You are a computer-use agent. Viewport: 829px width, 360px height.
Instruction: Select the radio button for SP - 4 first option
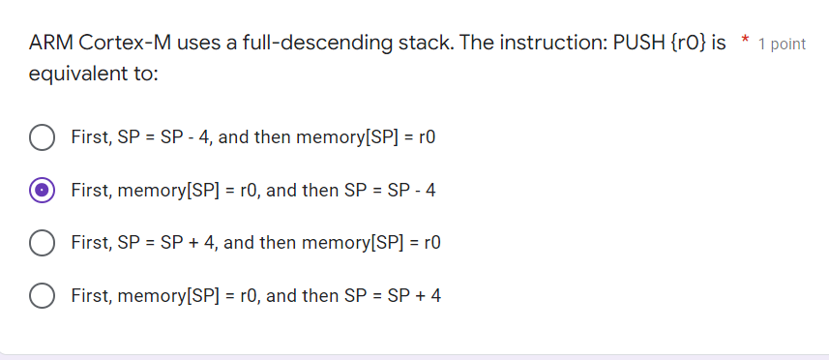[41, 137]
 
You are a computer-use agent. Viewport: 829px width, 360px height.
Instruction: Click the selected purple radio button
[41, 191]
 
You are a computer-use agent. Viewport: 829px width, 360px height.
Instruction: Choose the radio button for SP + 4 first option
[41, 243]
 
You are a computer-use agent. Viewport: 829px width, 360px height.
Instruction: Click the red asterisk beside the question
[744, 41]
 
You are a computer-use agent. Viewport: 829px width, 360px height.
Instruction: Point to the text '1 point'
[783, 45]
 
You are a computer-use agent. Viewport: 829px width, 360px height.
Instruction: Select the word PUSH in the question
[639, 44]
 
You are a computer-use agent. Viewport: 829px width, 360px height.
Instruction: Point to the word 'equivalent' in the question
[76, 75]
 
